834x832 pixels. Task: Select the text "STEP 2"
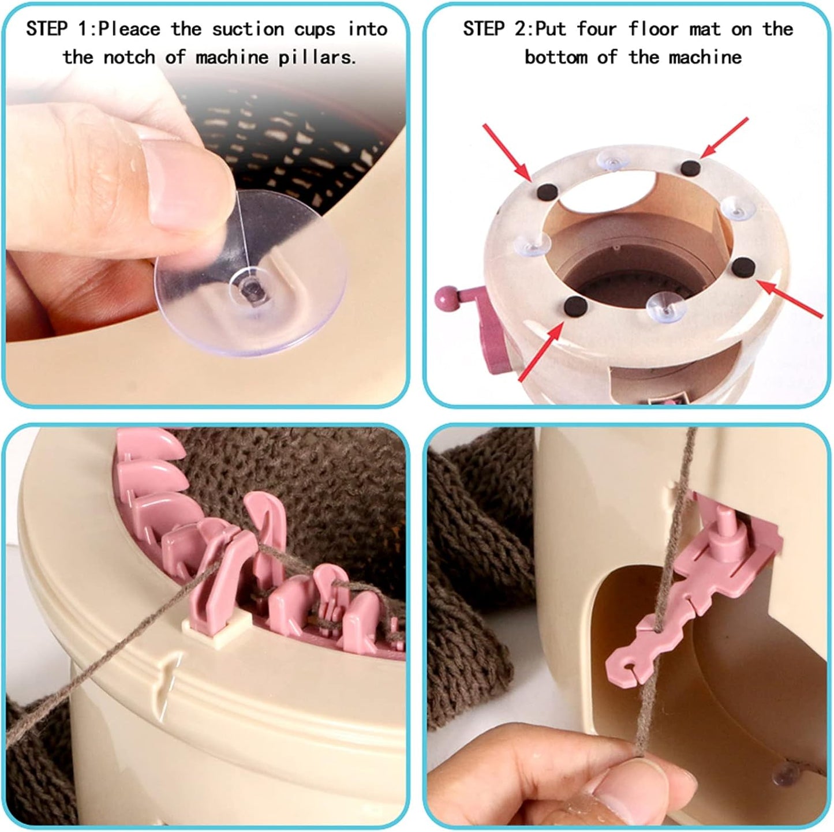coord(496,29)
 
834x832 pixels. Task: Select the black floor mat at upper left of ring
coord(542,190)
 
